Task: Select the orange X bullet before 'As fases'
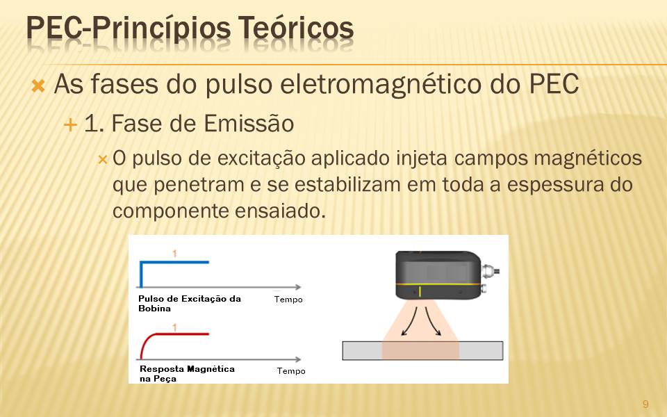coord(38,86)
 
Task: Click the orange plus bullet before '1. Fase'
coord(70,125)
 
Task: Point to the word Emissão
coord(249,124)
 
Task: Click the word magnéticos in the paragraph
coord(588,159)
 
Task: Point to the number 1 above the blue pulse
coord(174,254)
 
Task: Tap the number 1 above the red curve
coord(174,327)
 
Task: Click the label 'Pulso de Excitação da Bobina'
coord(190,304)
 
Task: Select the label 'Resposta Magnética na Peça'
coord(187,374)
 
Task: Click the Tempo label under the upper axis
coord(288,300)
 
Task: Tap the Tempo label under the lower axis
coord(291,371)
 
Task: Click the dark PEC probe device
coord(438,275)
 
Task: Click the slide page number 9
coord(645,404)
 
